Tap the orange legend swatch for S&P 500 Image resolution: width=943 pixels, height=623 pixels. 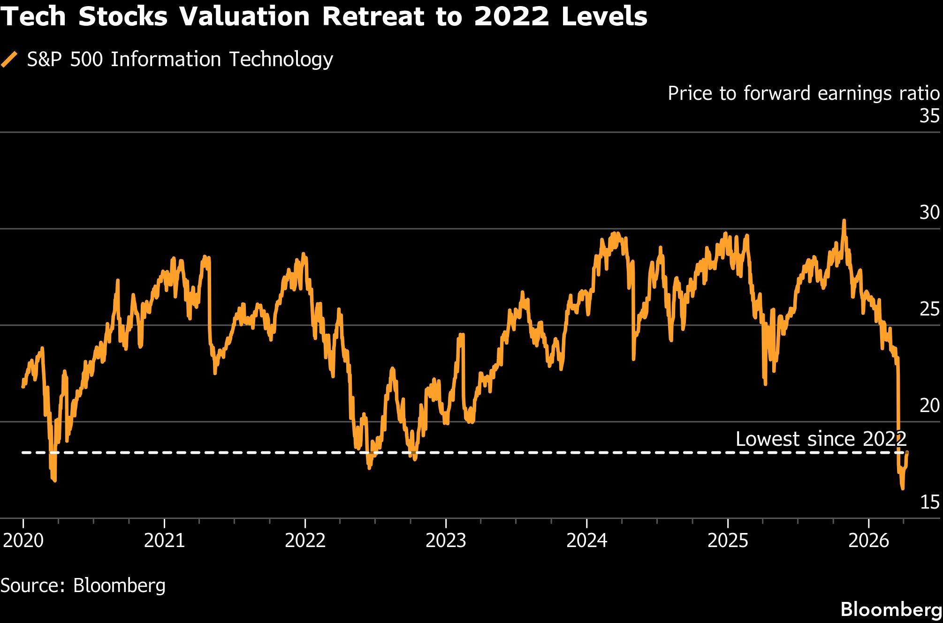click(x=9, y=60)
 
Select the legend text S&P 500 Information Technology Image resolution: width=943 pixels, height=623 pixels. click(x=180, y=60)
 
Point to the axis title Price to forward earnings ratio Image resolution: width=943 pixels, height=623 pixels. click(x=803, y=93)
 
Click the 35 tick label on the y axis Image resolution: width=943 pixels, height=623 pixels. click(x=929, y=116)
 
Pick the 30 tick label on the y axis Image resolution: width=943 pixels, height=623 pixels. click(x=929, y=212)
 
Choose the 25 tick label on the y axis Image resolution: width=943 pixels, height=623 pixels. click(x=929, y=309)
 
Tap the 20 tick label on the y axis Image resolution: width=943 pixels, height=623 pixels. click(x=929, y=405)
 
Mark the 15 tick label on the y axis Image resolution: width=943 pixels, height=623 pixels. click(x=929, y=502)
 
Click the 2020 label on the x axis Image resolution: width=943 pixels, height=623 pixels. click(x=23, y=540)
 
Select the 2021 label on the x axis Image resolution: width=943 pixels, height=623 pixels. click(x=164, y=540)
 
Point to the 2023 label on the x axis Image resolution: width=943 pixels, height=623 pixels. click(x=446, y=540)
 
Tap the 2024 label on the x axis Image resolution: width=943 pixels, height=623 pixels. click(x=586, y=540)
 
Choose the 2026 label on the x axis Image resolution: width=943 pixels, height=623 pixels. click(x=868, y=540)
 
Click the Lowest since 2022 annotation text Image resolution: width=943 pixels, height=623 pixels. click(x=821, y=439)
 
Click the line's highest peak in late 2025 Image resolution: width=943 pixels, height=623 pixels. click(x=844, y=220)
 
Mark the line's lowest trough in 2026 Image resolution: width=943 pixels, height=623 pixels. click(x=902, y=488)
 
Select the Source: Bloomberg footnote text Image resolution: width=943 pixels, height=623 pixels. click(x=83, y=585)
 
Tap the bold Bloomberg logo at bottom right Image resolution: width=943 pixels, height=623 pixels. click(x=891, y=609)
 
